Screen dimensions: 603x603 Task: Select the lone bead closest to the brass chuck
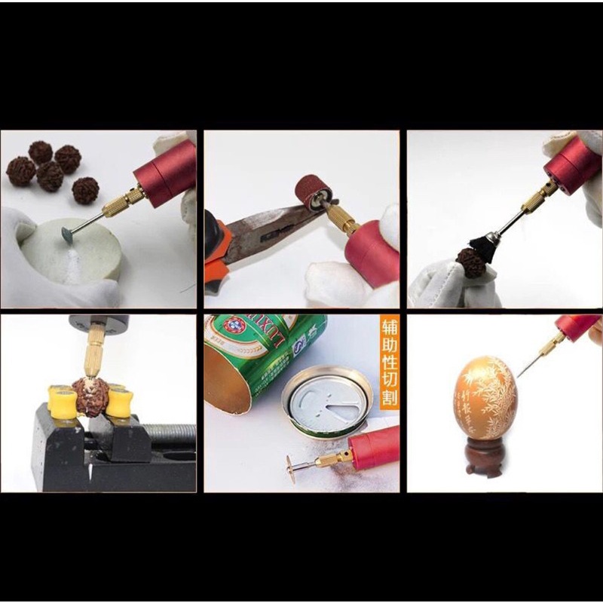point(85,189)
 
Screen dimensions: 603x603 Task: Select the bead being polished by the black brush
point(470,264)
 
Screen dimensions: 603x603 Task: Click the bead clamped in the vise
point(90,397)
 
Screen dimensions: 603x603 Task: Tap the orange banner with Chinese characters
point(389,363)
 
